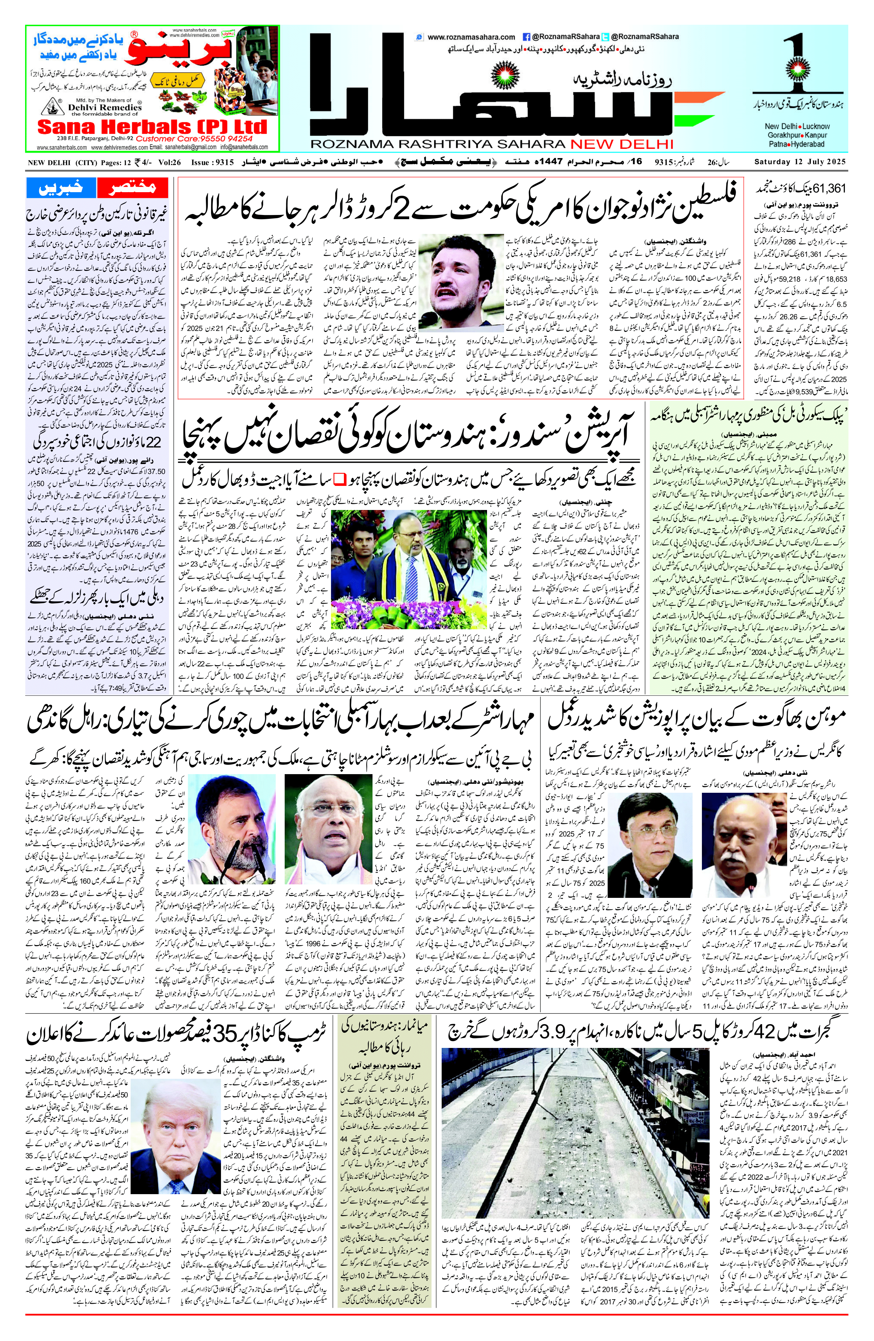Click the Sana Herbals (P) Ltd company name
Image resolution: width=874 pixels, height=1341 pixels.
click(152, 126)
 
